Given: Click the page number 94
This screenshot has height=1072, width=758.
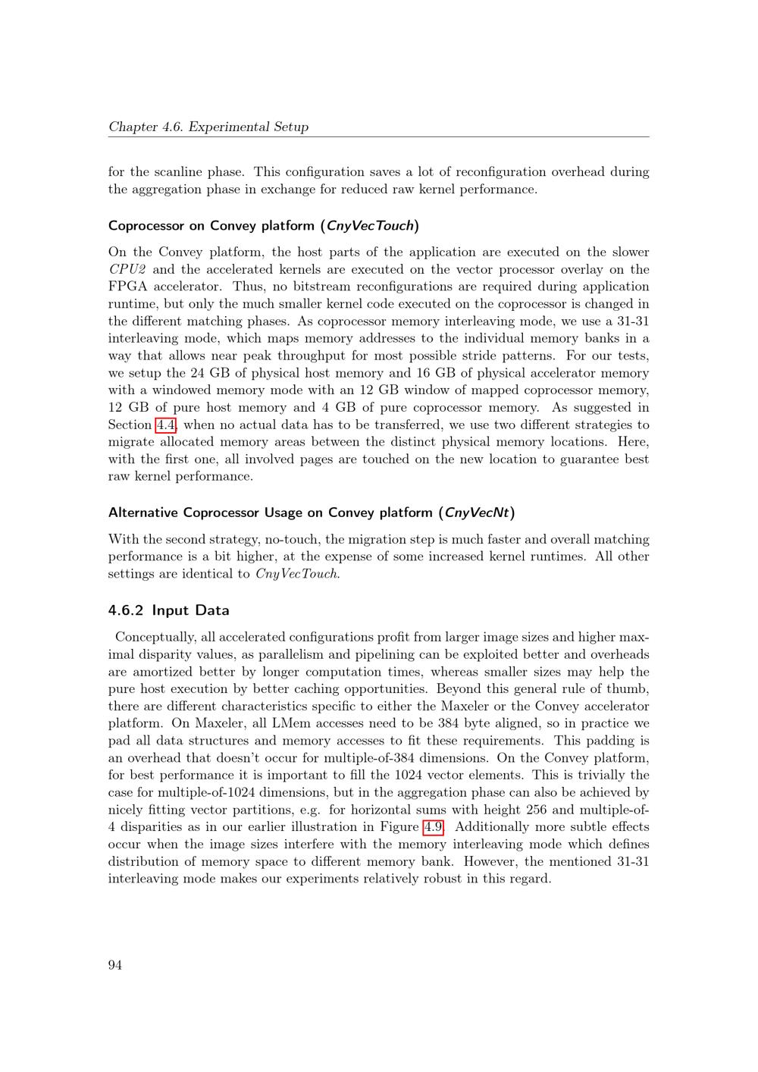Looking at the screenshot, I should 115,964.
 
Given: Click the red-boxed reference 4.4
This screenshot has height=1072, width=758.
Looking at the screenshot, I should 165,425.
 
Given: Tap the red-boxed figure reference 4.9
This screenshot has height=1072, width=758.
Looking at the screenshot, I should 433,826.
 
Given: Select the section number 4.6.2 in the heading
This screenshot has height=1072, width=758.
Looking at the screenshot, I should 126,610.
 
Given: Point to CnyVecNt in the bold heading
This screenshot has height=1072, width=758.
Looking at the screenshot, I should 477,512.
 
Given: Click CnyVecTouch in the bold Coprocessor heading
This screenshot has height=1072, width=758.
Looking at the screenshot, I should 370,225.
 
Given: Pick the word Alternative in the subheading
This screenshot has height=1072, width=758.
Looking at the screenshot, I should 144,512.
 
